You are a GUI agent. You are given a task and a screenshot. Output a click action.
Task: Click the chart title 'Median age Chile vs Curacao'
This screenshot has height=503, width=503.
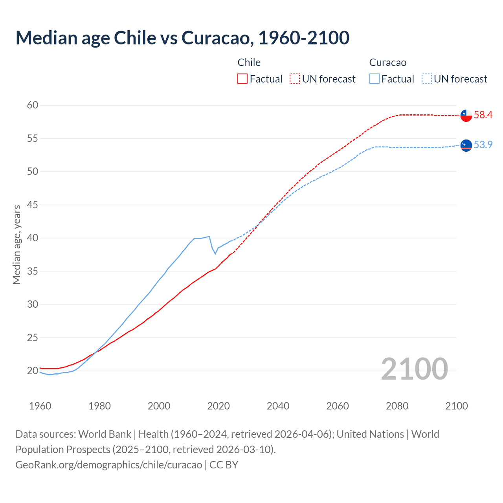[x=182, y=38]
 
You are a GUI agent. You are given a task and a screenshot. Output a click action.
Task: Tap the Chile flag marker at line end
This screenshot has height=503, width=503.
[x=466, y=116]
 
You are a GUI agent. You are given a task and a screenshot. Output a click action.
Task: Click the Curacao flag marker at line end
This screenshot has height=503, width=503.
[x=466, y=145]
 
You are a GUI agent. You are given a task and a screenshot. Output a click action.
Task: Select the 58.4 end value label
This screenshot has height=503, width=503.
[x=483, y=115]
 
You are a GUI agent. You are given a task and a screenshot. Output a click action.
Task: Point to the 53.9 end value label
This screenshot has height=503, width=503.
[x=483, y=145]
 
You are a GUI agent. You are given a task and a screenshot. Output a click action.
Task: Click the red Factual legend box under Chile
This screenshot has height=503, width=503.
[x=242, y=79]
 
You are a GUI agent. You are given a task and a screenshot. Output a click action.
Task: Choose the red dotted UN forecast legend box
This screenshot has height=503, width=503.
[x=295, y=79]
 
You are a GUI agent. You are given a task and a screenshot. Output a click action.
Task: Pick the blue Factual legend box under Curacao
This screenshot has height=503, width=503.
[x=374, y=79]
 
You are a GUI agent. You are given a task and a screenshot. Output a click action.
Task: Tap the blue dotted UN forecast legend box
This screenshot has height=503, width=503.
[x=426, y=79]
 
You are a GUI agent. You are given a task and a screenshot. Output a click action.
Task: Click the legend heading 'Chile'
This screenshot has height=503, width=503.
[x=249, y=62]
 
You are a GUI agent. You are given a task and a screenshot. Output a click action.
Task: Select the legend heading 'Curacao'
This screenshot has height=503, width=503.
[x=387, y=62]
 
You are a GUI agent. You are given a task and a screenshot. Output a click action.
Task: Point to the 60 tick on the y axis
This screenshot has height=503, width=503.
[x=33, y=105]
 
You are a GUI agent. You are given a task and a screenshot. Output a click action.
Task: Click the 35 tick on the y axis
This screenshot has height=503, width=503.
[x=33, y=271]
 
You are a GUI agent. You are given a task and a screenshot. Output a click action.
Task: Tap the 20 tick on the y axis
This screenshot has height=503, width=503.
[x=33, y=371]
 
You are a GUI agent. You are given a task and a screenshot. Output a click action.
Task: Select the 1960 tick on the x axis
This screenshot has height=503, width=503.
[x=40, y=406]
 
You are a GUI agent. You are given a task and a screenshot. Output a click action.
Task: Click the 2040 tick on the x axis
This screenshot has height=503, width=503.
[x=278, y=406]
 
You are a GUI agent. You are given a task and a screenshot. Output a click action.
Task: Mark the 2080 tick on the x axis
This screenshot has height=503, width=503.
[x=397, y=406]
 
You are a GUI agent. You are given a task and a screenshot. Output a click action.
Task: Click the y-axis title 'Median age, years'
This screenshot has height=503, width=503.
[x=17, y=244]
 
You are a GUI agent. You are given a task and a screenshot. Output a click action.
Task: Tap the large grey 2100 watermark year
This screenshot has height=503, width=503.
[x=414, y=369]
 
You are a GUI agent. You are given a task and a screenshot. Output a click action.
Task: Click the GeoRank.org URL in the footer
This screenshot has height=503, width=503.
[x=108, y=464]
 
